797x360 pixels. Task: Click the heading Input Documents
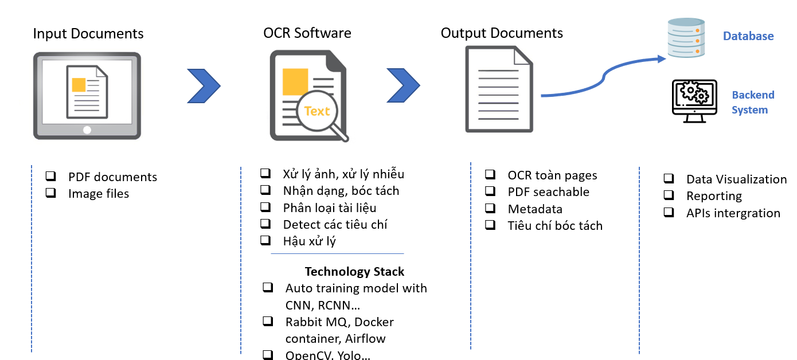point(88,33)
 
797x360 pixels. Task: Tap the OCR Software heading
point(307,33)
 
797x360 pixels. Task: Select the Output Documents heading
point(502,33)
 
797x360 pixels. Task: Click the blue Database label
point(748,36)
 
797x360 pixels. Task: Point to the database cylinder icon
point(686,38)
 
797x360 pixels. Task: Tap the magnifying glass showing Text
point(318,112)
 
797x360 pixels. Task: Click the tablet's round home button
point(87,130)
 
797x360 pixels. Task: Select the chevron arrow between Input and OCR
point(204,86)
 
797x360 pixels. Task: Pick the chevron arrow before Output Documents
point(403,86)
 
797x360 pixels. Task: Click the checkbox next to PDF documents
point(51,176)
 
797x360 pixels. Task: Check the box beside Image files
point(51,193)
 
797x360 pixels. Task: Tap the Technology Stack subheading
point(354,271)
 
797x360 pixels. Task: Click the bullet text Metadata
point(535,209)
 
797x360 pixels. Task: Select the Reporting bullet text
point(714,196)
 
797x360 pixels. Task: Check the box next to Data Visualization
point(669,179)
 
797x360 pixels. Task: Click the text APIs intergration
point(733,213)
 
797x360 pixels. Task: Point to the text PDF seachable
point(548,192)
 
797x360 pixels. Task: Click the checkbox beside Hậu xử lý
point(265,240)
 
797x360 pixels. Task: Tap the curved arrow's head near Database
point(661,58)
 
